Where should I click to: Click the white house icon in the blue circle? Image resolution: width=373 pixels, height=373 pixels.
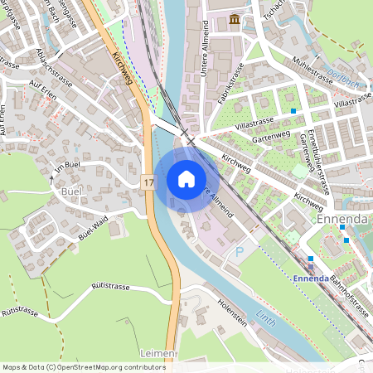click(186, 178)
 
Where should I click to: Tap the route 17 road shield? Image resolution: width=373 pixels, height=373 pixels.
click(148, 180)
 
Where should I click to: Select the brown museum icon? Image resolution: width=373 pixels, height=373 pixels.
click(235, 19)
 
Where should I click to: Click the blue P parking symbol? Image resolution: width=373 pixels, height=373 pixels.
click(240, 249)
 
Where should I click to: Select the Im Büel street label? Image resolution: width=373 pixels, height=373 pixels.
click(70, 167)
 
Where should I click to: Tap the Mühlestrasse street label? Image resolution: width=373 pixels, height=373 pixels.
click(315, 65)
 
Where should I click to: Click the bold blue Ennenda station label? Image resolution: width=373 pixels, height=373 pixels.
click(311, 279)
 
